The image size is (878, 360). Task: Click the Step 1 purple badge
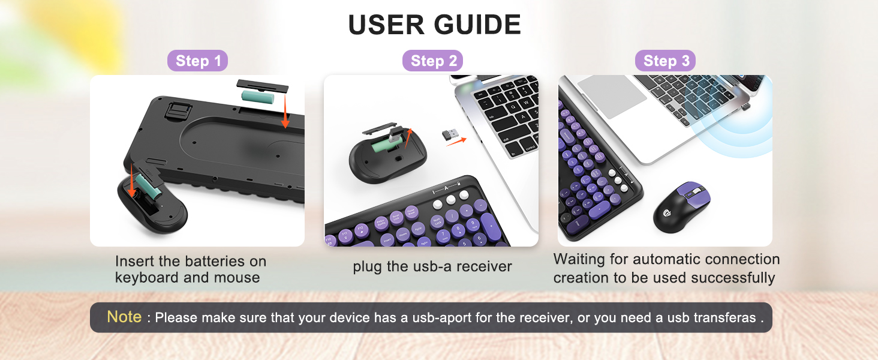197,61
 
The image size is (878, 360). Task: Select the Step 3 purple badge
666,61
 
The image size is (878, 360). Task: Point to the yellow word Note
124,317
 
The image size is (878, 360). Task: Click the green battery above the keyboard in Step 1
257,95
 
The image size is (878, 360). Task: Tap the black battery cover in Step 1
262,85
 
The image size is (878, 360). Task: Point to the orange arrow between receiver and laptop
456,142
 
